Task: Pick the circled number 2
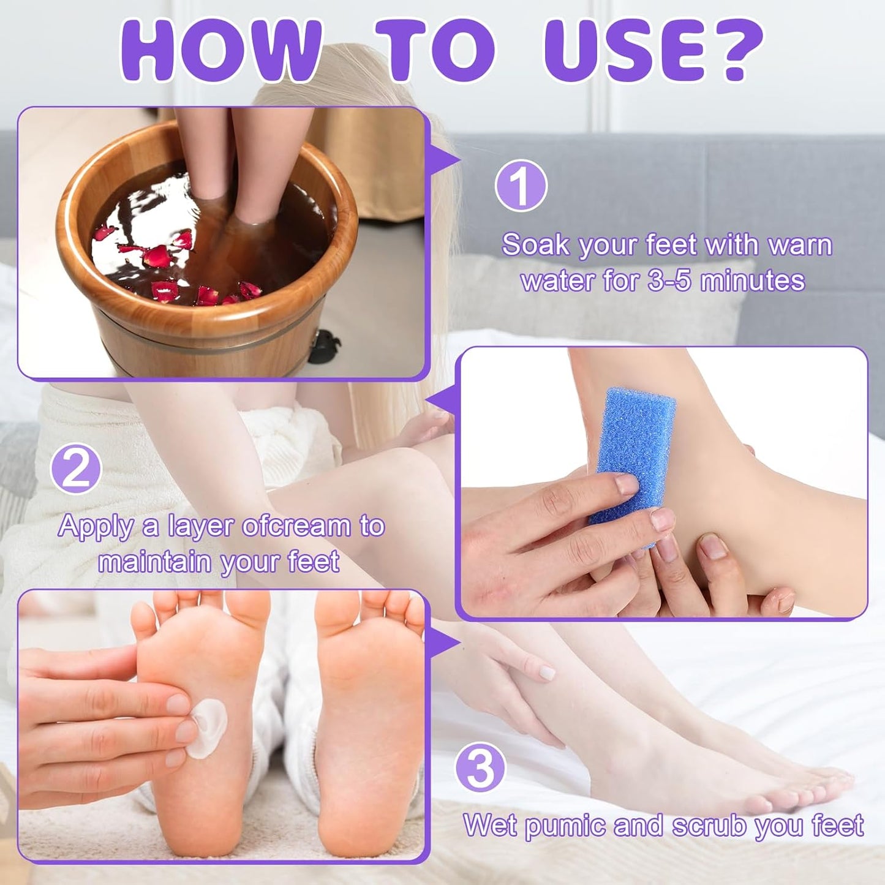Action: tap(75, 469)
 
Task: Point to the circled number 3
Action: tap(480, 768)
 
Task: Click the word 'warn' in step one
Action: tap(800, 246)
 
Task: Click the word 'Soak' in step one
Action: tap(535, 246)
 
